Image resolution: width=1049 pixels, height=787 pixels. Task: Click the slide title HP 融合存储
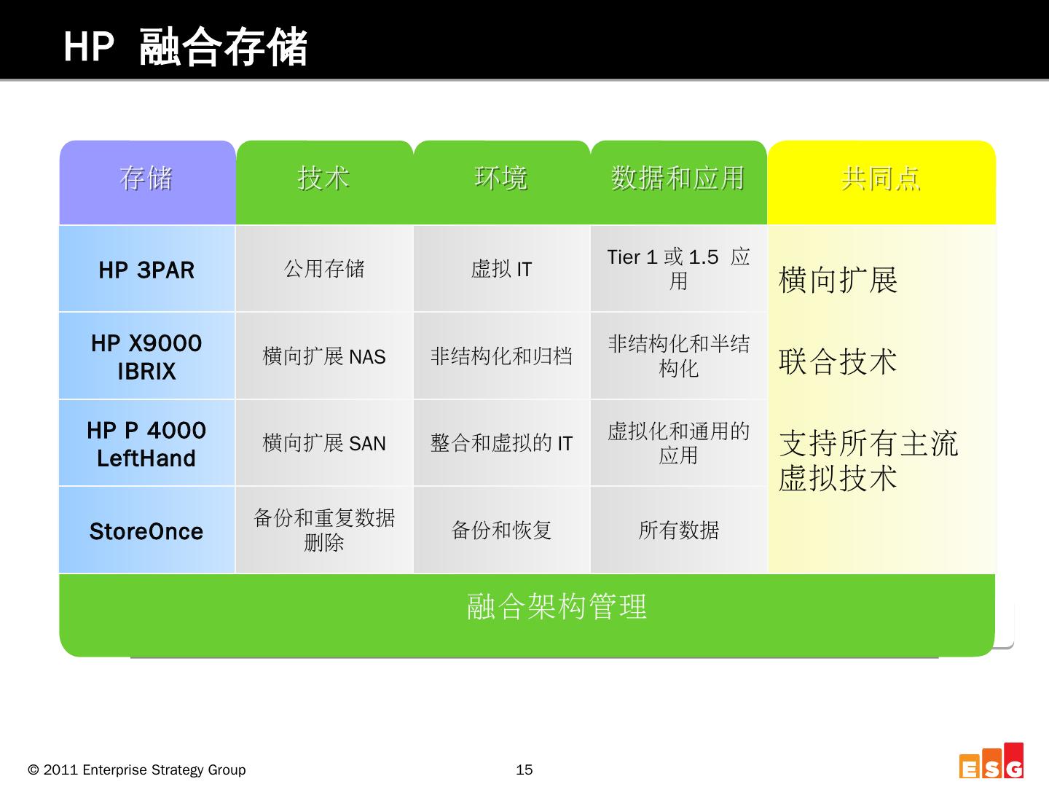(185, 47)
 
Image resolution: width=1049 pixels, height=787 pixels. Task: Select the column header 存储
(146, 178)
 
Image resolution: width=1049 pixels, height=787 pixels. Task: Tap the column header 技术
(323, 178)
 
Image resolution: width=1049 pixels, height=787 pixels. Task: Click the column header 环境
(501, 178)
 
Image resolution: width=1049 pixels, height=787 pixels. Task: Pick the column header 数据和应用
(678, 178)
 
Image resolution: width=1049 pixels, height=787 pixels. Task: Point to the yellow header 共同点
(881, 178)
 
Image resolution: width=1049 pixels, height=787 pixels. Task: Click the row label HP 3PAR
(146, 270)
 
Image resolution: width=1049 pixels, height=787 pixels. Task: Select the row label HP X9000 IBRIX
(146, 357)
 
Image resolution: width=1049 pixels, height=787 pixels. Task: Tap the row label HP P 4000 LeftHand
(146, 444)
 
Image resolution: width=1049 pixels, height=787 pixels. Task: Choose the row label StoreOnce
(146, 531)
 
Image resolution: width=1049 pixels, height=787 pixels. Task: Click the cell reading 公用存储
(323, 269)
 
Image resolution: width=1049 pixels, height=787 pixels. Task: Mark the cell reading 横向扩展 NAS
(323, 356)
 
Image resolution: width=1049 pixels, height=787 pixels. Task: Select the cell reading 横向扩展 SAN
(323, 443)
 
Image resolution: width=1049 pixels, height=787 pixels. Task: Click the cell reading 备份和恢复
(501, 530)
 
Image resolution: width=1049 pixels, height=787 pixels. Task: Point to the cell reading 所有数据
(678, 530)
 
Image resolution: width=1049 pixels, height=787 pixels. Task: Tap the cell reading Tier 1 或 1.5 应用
(678, 268)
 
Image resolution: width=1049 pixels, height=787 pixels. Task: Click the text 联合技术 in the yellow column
(838, 361)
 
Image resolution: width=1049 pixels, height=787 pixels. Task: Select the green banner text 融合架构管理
(557, 606)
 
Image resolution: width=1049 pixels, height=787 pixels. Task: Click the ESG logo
(991, 762)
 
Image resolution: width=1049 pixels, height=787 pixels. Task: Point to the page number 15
(524, 770)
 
